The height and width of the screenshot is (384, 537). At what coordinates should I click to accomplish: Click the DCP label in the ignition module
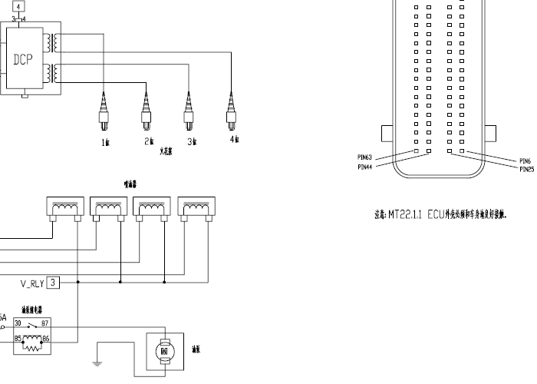tap(23, 59)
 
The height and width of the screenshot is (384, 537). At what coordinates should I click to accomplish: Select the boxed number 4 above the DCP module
tap(18, 6)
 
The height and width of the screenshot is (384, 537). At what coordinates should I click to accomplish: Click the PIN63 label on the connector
tap(364, 157)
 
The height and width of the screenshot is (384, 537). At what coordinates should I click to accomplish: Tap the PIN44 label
tap(364, 165)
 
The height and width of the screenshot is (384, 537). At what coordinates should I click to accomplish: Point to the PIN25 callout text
tap(526, 169)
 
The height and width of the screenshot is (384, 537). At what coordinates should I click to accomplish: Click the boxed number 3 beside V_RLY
tap(52, 283)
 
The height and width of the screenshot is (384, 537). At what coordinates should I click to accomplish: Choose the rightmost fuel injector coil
tap(196, 207)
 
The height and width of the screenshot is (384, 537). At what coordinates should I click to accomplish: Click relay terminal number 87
tap(45, 323)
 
